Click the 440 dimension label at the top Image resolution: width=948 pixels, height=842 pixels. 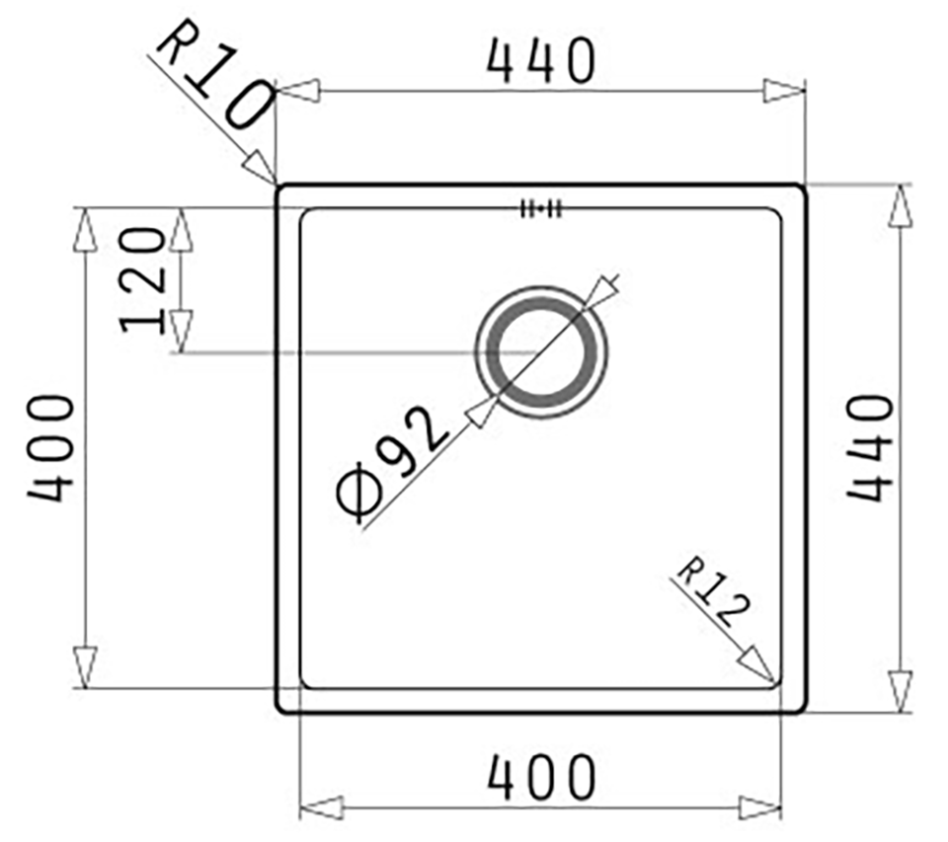click(x=541, y=61)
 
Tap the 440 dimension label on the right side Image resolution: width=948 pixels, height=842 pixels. click(x=870, y=448)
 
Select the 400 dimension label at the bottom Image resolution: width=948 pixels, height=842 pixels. click(x=541, y=777)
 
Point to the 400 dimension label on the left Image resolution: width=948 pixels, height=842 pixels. click(x=50, y=448)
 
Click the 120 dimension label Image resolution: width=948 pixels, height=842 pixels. click(x=142, y=280)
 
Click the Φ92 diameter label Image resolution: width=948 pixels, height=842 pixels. click(x=392, y=463)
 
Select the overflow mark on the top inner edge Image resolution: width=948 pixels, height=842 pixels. click(x=542, y=209)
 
